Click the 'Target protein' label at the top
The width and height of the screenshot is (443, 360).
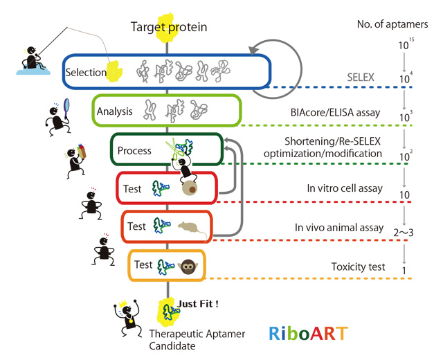[x=169, y=28]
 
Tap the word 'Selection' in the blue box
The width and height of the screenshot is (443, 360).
[x=84, y=72]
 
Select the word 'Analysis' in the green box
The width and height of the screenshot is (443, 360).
[x=114, y=111]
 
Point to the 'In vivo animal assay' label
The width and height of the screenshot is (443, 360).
[x=343, y=227]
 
